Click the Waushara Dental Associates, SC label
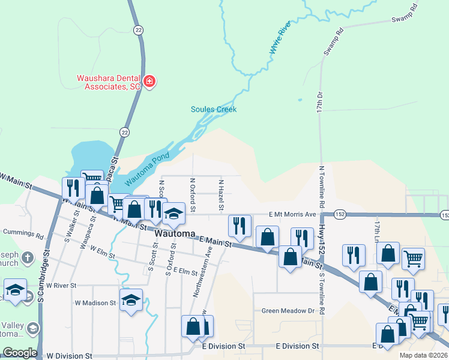108,82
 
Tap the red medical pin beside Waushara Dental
149,82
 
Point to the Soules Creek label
214,109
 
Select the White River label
280,41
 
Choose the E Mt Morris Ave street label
292,214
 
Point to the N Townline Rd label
322,187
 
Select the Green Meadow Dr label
288,311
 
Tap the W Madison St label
96,303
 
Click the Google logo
19,353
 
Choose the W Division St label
70,356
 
